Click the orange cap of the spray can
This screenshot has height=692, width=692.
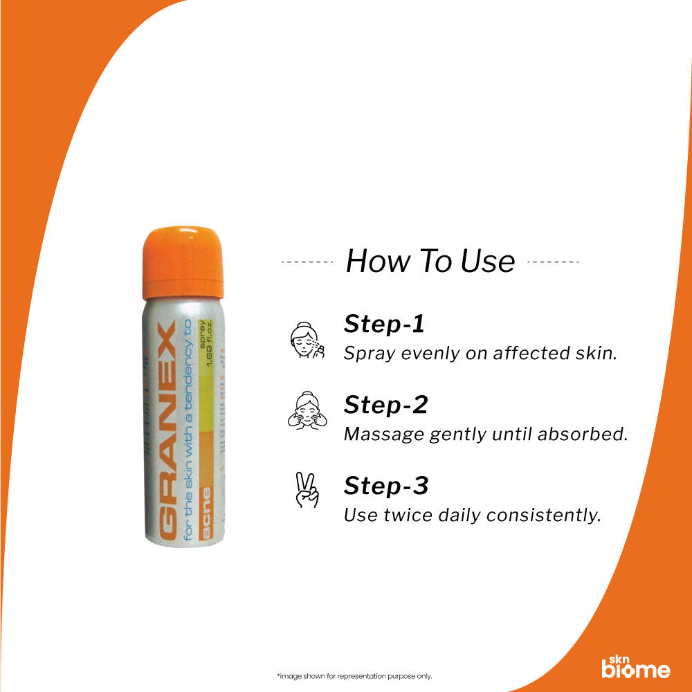(183, 262)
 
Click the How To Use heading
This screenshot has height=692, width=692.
(430, 262)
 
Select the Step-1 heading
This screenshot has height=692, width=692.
(385, 324)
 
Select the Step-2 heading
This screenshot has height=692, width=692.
(385, 405)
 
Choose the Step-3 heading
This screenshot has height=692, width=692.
(386, 486)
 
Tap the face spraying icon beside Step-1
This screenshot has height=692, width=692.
(305, 339)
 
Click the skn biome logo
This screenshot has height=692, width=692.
(635, 666)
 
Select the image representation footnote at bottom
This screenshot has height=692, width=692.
(344, 676)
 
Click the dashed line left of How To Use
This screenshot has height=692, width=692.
(308, 262)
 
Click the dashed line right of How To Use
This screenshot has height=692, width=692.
(553, 262)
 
